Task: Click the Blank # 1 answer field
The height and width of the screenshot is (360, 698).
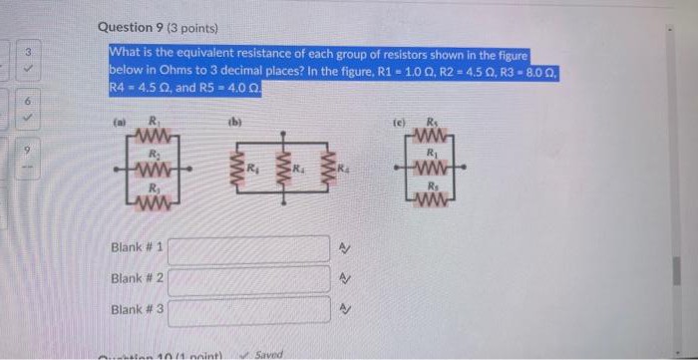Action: point(247,248)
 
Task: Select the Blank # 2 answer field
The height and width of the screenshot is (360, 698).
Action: point(247,279)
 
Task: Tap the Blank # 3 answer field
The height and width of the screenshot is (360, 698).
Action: point(247,310)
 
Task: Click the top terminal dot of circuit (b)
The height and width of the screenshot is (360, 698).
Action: point(282,132)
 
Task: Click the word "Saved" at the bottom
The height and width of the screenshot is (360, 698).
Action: point(268,353)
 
